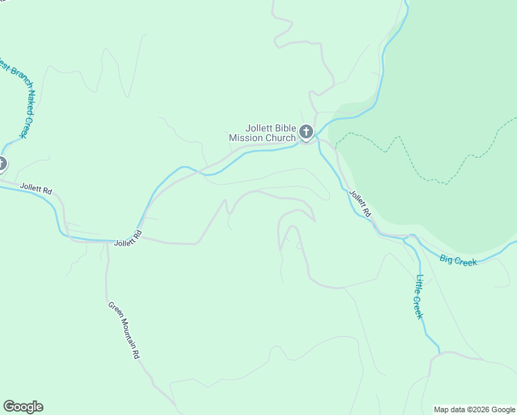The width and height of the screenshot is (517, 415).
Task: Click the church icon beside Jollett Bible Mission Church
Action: point(306,132)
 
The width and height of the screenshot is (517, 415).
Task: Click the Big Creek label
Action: point(458,261)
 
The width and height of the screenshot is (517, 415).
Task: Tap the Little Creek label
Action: point(419,297)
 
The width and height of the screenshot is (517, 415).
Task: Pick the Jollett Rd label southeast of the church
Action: point(359,204)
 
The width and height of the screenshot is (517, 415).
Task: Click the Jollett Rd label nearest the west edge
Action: point(36,187)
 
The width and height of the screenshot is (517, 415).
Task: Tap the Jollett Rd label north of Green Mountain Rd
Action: point(128,239)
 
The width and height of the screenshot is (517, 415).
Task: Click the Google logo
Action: point(23,407)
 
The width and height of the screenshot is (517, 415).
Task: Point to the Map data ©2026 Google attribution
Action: point(474,409)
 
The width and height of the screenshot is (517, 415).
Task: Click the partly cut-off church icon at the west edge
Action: point(2,164)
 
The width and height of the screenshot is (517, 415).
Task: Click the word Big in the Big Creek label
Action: point(447,259)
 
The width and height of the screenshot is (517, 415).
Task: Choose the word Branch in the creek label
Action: point(12,79)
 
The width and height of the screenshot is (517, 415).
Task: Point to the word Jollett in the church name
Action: point(260,128)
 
